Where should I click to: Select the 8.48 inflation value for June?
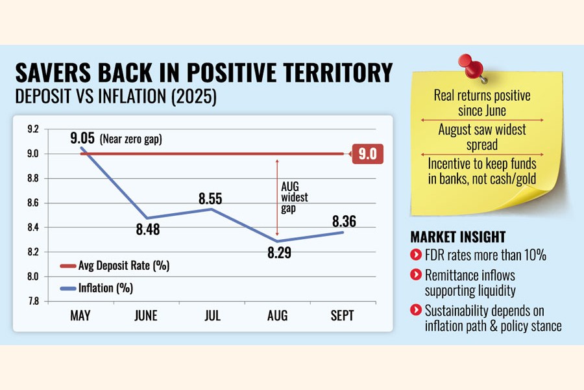click(148, 229)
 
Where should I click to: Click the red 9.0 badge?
click(367, 154)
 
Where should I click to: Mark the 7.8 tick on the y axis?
click(31, 301)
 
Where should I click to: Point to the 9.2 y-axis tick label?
click(31, 129)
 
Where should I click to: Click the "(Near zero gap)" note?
click(136, 138)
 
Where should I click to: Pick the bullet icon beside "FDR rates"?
click(415, 255)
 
